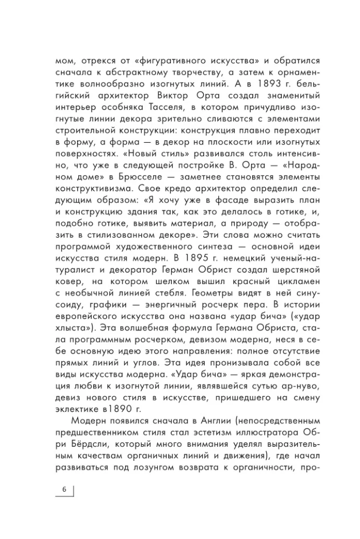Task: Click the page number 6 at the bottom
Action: click(64, 489)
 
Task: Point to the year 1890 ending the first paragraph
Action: click(133, 401)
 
